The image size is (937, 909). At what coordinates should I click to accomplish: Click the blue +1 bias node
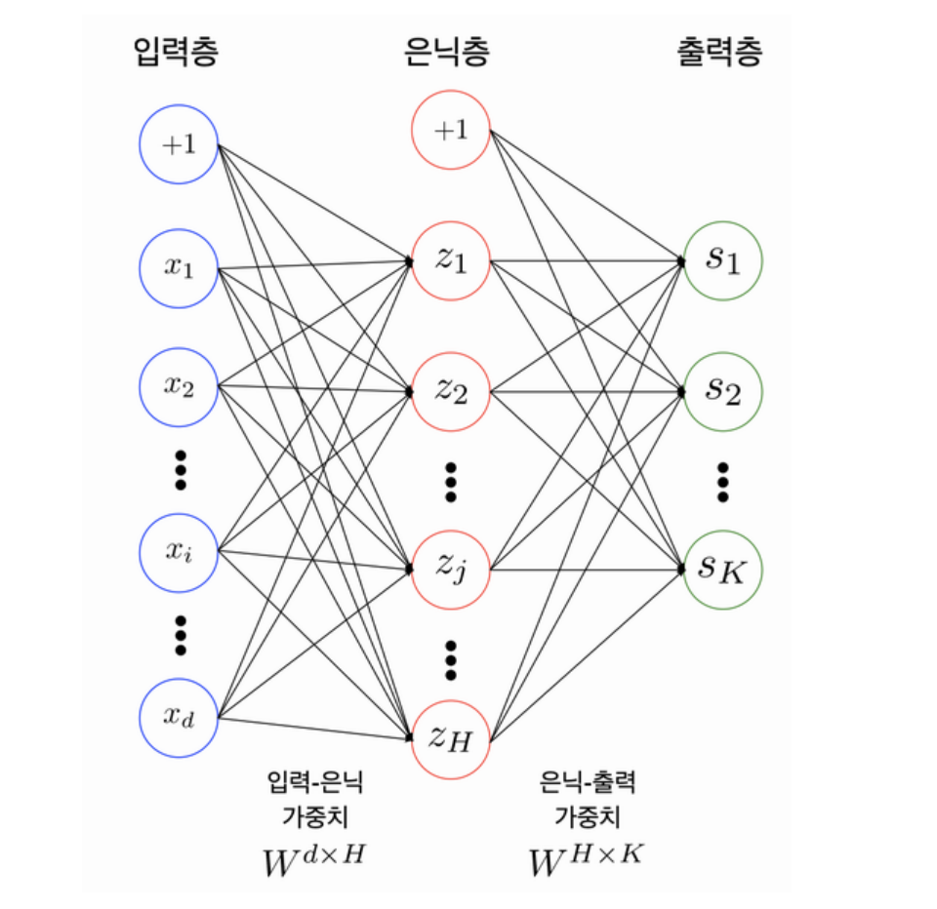pyautogui.click(x=178, y=144)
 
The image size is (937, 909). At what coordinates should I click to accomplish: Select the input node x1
pyautogui.click(x=178, y=268)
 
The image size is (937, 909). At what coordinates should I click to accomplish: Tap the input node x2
pyautogui.click(x=178, y=385)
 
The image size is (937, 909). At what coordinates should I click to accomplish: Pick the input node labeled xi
pyautogui.click(x=178, y=552)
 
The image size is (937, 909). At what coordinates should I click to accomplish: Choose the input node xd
pyautogui.click(x=178, y=719)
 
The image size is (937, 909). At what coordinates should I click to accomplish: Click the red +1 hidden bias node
pyautogui.click(x=450, y=130)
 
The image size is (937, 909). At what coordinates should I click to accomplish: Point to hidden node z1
pyautogui.click(x=450, y=260)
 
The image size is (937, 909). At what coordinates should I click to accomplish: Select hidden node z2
pyautogui.click(x=450, y=391)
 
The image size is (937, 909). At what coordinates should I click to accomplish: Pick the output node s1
pyautogui.click(x=722, y=260)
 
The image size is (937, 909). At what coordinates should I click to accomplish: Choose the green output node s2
pyautogui.click(x=722, y=391)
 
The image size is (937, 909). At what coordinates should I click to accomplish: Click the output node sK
pyautogui.click(x=722, y=569)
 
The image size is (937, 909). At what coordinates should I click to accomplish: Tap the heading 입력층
pyautogui.click(x=175, y=52)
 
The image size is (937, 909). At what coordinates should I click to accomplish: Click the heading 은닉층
pyautogui.click(x=447, y=52)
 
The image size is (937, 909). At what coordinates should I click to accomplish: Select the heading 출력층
pyautogui.click(x=719, y=52)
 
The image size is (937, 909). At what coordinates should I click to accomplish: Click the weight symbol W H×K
pyautogui.click(x=587, y=859)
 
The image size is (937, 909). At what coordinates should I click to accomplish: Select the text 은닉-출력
pyautogui.click(x=586, y=780)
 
